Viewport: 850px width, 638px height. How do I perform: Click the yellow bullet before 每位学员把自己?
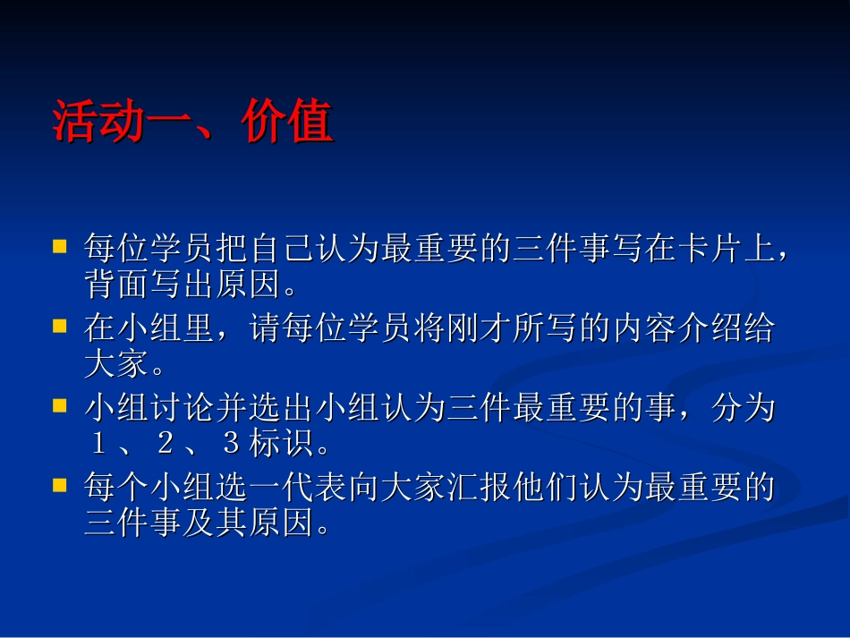60,245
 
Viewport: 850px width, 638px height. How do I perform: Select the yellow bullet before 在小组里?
60,325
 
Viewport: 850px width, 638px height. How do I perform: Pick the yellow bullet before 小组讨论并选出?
60,405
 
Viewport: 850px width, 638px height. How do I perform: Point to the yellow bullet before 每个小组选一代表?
60,485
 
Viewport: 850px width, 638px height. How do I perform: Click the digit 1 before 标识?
98,444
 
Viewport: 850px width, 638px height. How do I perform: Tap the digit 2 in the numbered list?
164,444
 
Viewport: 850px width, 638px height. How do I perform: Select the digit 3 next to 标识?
230,444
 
